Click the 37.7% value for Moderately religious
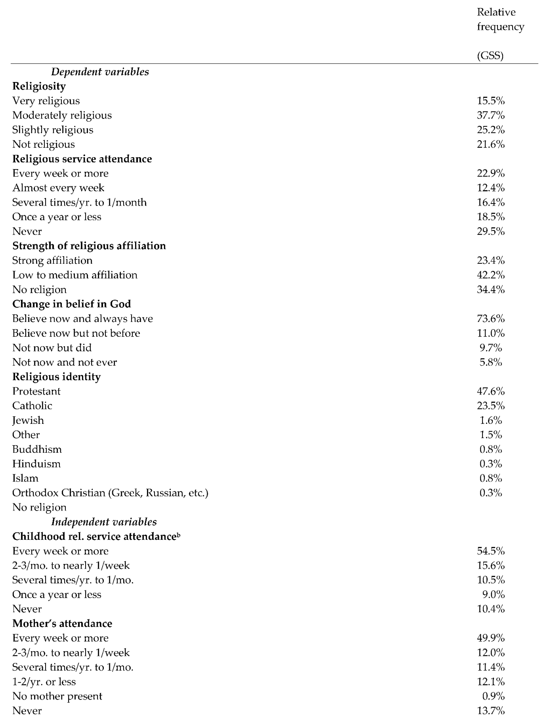click(x=490, y=115)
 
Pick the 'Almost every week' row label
click(x=58, y=188)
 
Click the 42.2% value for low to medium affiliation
click(x=490, y=275)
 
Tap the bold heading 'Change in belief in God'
click(x=72, y=304)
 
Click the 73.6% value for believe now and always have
click(x=490, y=319)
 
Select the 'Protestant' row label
click(x=36, y=391)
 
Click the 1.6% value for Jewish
click(x=490, y=420)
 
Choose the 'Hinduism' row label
click(x=36, y=464)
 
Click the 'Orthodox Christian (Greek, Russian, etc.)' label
click(x=110, y=493)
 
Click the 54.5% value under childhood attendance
click(x=490, y=551)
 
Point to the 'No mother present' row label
click(x=57, y=696)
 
